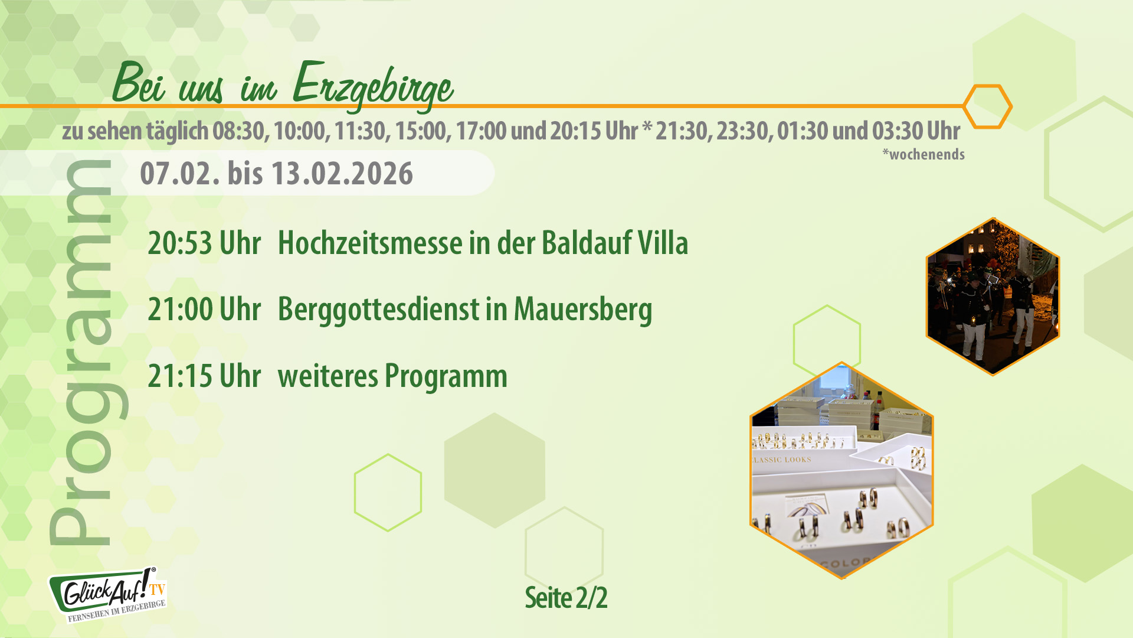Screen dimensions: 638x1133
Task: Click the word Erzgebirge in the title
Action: click(373, 86)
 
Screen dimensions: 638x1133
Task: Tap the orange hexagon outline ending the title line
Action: click(987, 106)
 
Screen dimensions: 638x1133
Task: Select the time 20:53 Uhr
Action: click(204, 243)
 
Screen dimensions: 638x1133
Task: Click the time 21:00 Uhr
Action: click(204, 309)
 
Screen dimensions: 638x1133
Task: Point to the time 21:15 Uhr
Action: click(204, 376)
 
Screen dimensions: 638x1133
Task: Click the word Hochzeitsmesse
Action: click(370, 243)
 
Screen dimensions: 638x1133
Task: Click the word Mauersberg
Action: click(583, 309)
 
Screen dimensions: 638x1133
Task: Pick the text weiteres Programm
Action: click(392, 376)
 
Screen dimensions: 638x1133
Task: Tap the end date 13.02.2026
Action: click(342, 174)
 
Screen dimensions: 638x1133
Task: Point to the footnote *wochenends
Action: click(924, 155)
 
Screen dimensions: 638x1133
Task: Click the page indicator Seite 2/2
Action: click(566, 598)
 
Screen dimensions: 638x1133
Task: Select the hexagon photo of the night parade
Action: click(993, 297)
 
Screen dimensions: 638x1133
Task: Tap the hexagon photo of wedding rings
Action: click(841, 471)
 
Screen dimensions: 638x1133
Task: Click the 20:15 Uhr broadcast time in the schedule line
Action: click(593, 131)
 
